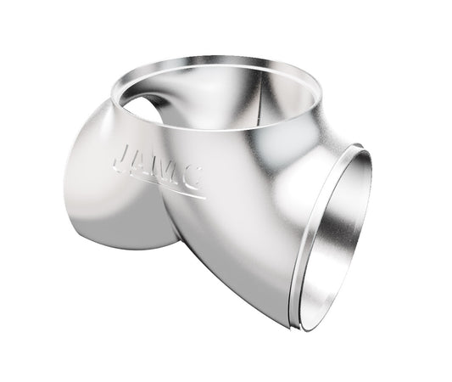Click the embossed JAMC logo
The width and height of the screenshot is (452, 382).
(158, 167)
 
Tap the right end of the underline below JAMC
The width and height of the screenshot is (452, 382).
(206, 197)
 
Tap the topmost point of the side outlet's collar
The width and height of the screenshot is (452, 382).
(360, 146)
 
